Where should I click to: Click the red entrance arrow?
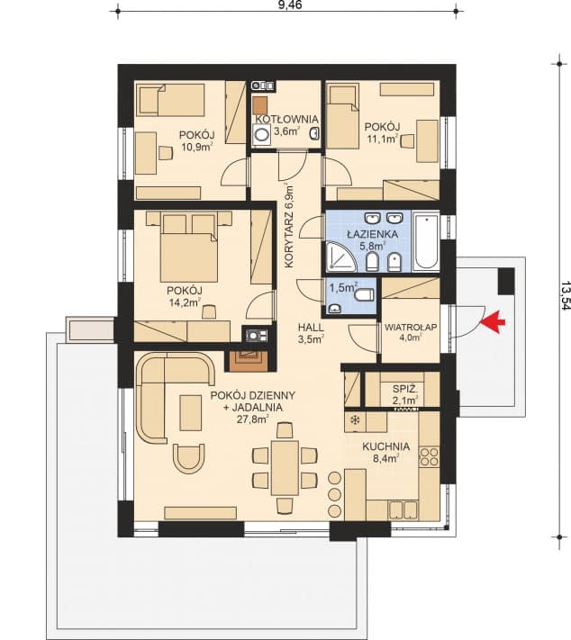(x=493, y=322)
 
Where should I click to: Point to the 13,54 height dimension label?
(x=566, y=294)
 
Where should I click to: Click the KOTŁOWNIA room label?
(x=286, y=119)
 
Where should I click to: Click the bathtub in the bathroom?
(x=426, y=241)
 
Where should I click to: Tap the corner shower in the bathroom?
(x=341, y=257)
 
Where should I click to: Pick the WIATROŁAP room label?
(x=411, y=327)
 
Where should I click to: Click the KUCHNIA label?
(x=385, y=446)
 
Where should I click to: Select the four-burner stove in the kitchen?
(x=430, y=456)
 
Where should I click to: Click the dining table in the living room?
(x=285, y=468)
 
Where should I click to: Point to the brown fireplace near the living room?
(x=246, y=360)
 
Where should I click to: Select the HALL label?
(x=311, y=328)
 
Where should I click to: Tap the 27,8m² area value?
(x=252, y=419)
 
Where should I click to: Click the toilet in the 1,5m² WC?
(x=364, y=294)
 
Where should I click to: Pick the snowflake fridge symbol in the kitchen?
(x=355, y=419)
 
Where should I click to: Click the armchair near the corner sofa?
(x=188, y=458)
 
